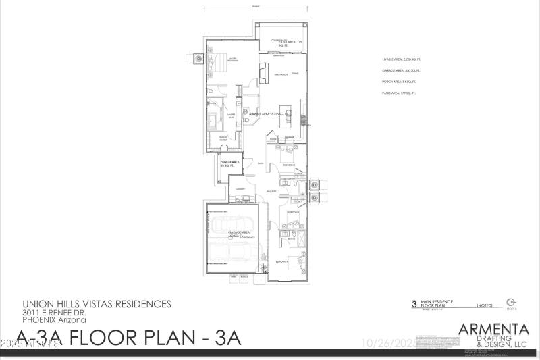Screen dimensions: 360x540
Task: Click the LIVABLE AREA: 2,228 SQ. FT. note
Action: point(400,60)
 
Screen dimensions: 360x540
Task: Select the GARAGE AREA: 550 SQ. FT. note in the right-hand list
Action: point(400,70)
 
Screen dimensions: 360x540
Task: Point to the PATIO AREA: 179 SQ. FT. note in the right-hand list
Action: point(399,92)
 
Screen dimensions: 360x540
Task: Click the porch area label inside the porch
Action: point(230,164)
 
